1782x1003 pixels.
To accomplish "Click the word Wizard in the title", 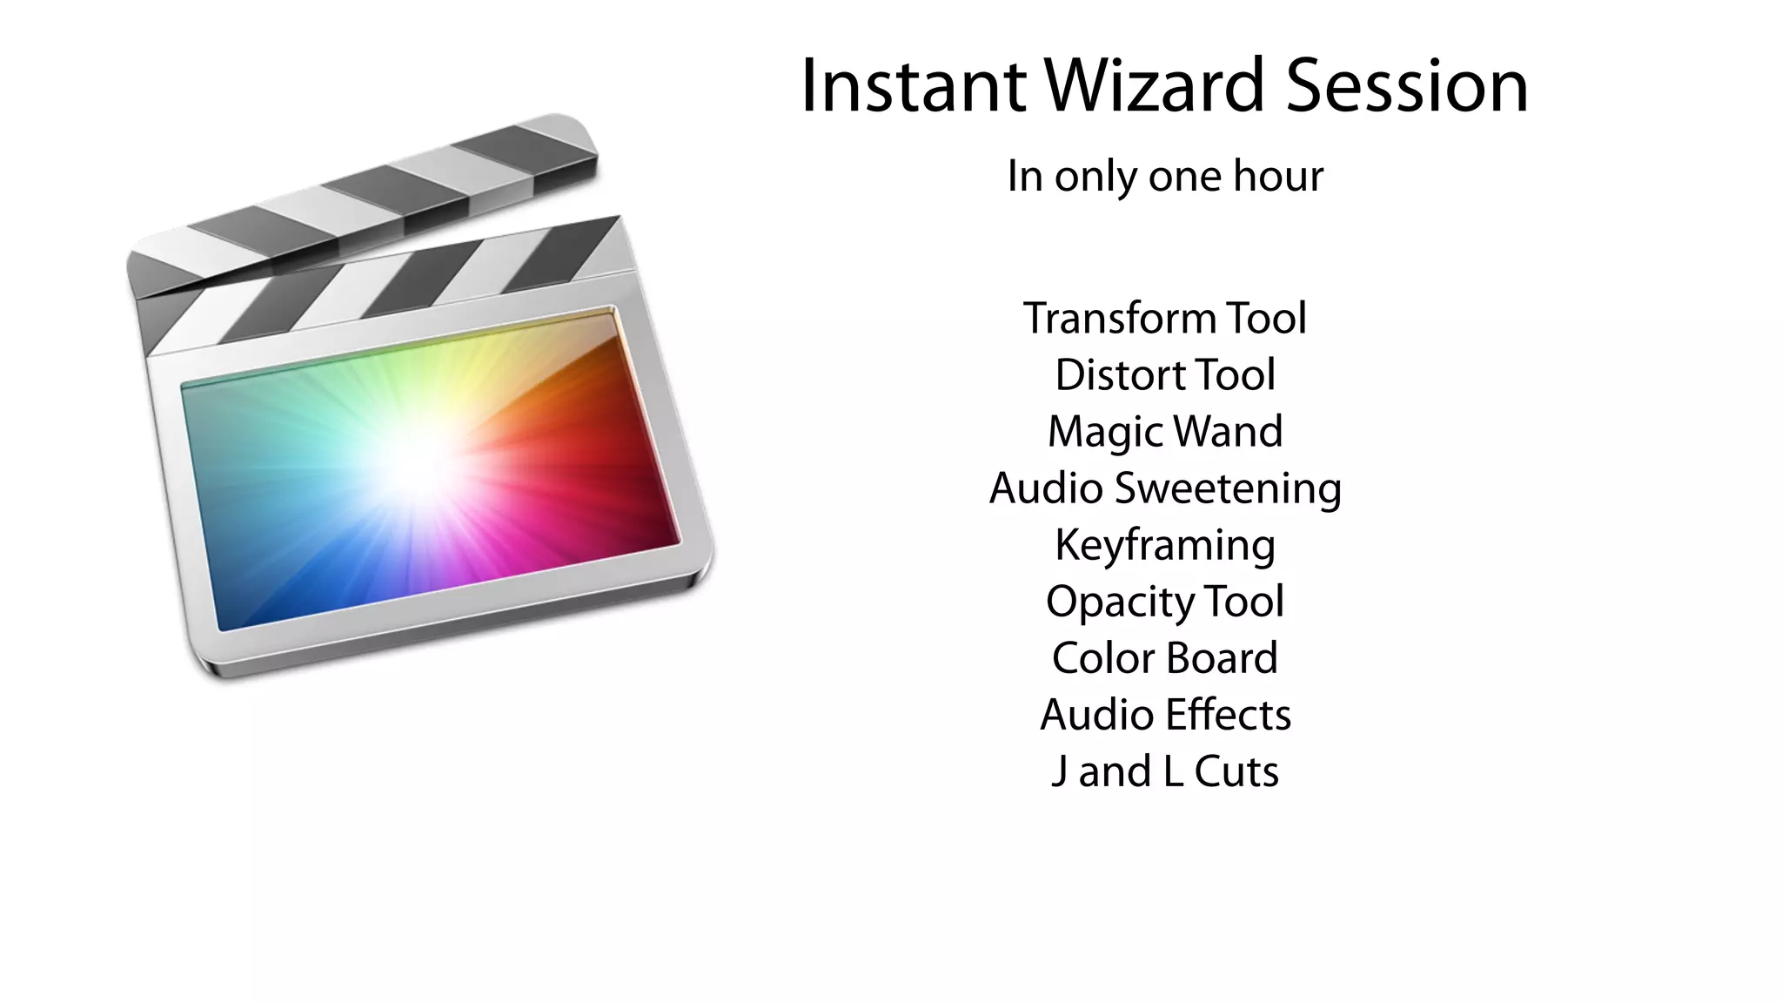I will [x=1154, y=85].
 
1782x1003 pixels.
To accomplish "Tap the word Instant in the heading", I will [x=913, y=85].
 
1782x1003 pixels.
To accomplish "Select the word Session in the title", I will [x=1406, y=85].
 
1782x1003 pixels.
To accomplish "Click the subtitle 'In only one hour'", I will [x=1165, y=176].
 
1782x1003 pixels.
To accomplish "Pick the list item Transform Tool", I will [x=1165, y=318].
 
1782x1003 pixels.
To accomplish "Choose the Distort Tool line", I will [x=1165, y=374].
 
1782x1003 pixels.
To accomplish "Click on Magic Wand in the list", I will [x=1165, y=431].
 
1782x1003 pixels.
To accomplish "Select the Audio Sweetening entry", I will [x=1165, y=488].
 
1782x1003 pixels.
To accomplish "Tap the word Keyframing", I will [x=1165, y=545].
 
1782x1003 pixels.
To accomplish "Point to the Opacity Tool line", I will [x=1165, y=601].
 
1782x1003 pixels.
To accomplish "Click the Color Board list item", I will [x=1165, y=657].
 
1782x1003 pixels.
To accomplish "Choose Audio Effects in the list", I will [x=1165, y=714].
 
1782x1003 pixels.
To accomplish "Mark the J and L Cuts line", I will [x=1165, y=771].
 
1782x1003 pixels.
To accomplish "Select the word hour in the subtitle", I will [x=1278, y=176].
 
